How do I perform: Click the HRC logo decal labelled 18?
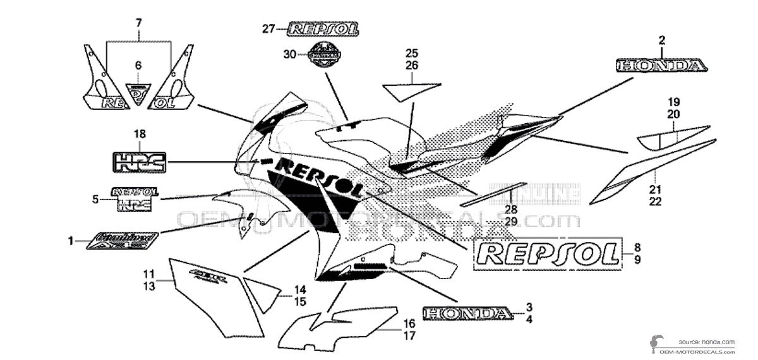(139, 162)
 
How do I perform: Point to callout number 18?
(139, 133)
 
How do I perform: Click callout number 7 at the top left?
(139, 23)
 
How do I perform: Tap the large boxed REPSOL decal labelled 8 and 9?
(547, 254)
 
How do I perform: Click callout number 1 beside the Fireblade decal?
(71, 241)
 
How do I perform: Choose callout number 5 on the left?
(95, 200)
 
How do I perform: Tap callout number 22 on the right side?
(655, 201)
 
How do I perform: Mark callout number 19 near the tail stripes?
(673, 102)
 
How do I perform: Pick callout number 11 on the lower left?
(148, 274)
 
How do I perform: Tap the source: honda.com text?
(707, 342)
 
